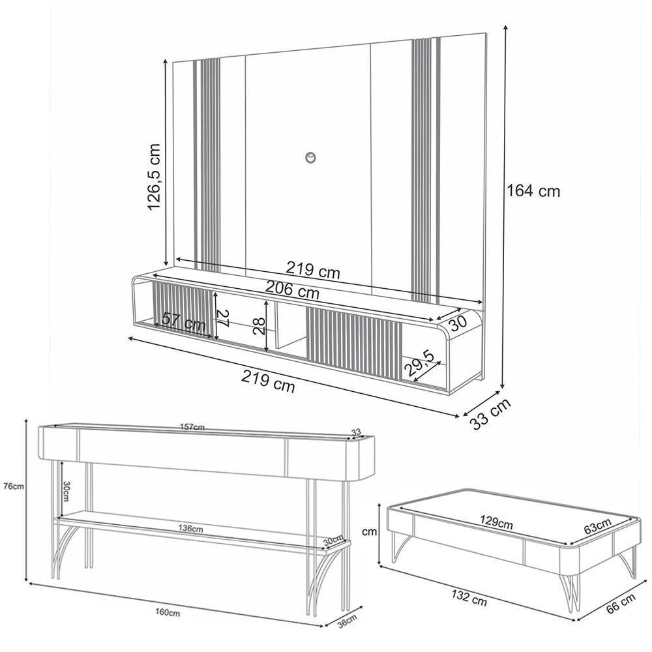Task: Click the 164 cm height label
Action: pos(533,191)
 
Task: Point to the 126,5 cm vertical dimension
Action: pos(154,177)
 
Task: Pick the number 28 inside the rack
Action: pos(259,323)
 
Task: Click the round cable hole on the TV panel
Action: pos(310,157)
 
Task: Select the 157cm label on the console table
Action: pos(192,428)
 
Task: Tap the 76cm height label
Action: pos(13,486)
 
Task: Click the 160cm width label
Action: pos(168,613)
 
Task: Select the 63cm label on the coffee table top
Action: pos(597,526)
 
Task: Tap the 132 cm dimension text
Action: pos(467,599)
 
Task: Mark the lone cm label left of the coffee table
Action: pos(370,531)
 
